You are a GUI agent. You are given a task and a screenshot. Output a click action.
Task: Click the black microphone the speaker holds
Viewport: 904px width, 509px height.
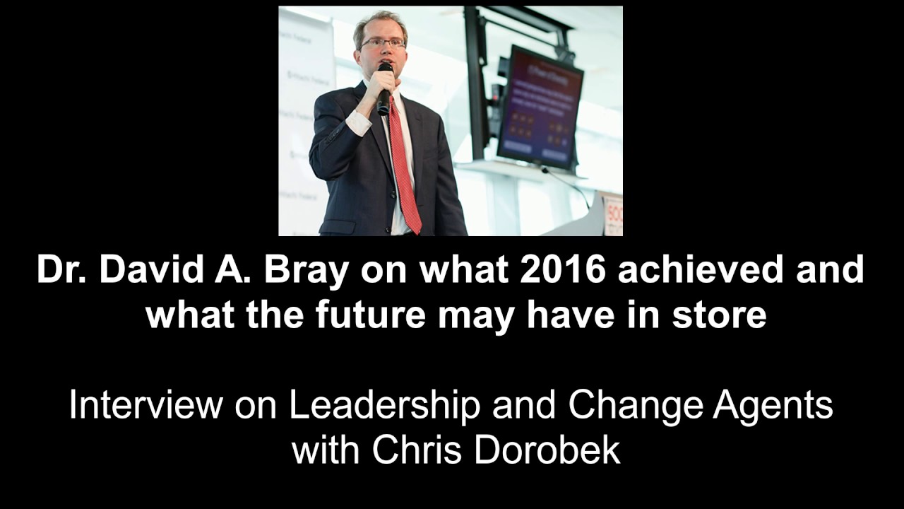(x=384, y=88)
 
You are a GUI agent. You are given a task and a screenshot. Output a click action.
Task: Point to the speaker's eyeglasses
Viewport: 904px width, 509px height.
(x=383, y=43)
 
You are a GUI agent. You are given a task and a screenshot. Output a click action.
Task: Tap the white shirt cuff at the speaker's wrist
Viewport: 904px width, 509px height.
(x=358, y=123)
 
